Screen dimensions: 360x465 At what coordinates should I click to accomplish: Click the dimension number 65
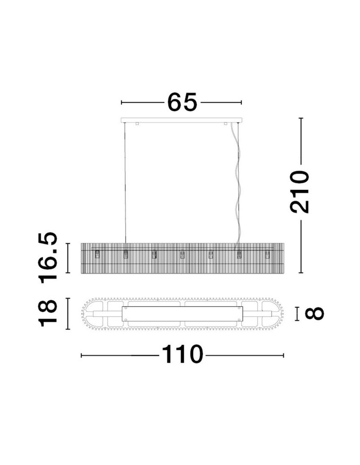click(182, 102)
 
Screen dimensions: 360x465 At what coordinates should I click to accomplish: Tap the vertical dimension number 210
click(300, 192)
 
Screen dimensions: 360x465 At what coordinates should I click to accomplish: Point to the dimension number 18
click(48, 313)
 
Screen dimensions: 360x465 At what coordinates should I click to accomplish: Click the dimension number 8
click(314, 313)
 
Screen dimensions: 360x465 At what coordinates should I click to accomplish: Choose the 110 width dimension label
click(182, 354)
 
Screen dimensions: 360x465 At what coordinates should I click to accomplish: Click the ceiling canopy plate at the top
click(181, 120)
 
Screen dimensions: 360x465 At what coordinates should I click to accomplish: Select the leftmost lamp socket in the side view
click(97, 254)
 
